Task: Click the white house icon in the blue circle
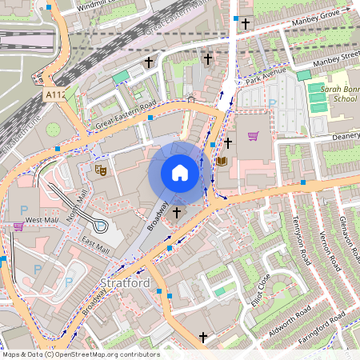pos(179,173)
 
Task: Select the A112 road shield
pos(54,94)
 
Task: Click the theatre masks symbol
pos(101,170)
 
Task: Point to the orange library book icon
pos(222,161)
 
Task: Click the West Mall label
pos(42,220)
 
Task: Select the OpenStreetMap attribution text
pos(80,354)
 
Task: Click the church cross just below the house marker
pos(176,213)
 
